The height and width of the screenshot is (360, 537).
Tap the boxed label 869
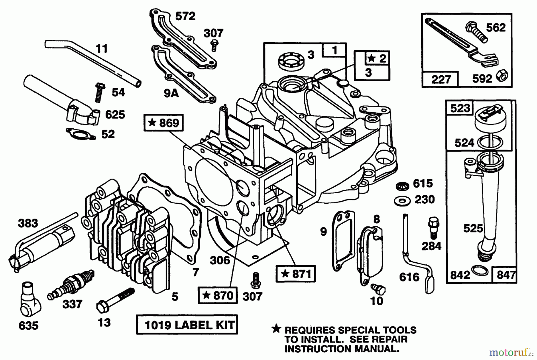tap(163, 123)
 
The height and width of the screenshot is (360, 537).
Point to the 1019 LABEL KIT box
tap(187, 325)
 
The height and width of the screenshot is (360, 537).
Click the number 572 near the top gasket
tap(185, 16)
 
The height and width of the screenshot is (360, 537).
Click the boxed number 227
tap(441, 80)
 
